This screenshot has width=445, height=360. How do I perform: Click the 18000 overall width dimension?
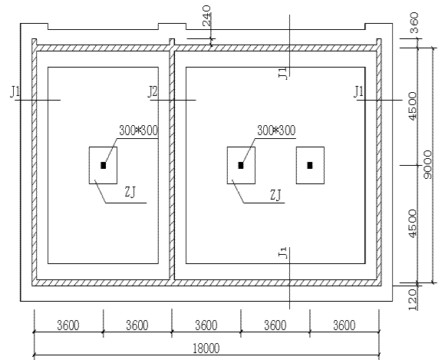tap(206, 348)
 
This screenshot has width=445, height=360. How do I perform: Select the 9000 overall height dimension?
tap(427, 165)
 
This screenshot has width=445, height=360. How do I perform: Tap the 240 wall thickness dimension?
tap(207, 15)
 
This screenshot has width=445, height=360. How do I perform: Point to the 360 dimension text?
tap(414, 22)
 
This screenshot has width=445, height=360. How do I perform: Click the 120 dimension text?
tap(412, 300)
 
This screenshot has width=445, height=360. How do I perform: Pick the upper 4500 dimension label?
tap(412, 106)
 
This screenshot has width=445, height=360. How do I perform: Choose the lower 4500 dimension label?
tap(412, 223)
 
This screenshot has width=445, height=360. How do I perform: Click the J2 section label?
tap(153, 91)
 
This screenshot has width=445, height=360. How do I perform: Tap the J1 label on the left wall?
tap(15, 91)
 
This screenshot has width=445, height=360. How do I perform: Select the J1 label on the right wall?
tap(359, 91)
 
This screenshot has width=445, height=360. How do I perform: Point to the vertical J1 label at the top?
tap(283, 73)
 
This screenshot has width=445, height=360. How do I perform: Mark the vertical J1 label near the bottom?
tap(283, 253)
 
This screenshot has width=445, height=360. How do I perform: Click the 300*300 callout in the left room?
tap(138, 130)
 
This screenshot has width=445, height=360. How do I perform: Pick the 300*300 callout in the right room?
tap(276, 130)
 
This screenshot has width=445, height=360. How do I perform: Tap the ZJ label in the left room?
tap(130, 193)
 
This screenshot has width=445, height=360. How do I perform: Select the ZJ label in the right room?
tap(275, 195)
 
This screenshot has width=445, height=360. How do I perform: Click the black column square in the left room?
tap(104, 165)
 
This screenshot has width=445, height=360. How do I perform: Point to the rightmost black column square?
tap(310, 165)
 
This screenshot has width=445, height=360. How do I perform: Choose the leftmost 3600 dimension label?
tap(68, 325)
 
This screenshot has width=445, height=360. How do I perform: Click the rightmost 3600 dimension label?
tap(344, 325)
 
